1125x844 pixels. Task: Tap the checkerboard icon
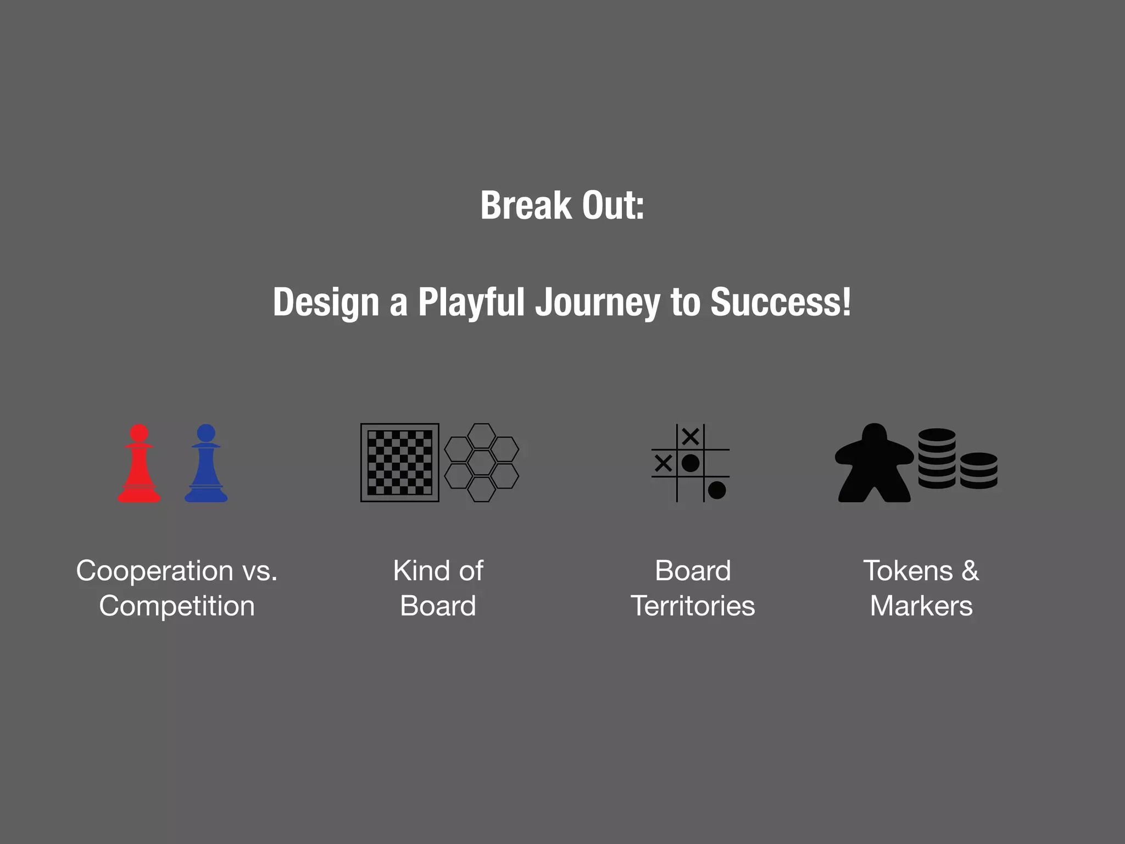pos(399,463)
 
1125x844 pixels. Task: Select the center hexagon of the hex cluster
pos(482,463)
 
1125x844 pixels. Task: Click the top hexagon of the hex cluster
pos(482,436)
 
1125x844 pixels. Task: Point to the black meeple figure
pos(874,464)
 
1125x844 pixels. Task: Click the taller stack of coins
pos(937,459)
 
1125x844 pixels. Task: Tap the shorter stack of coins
pos(978,471)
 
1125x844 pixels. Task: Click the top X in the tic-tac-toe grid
pos(690,437)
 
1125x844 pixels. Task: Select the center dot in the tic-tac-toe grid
pos(690,463)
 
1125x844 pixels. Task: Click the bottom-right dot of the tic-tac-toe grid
pos(717,490)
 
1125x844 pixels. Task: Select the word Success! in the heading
pos(781,302)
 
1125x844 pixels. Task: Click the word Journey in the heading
pos(598,302)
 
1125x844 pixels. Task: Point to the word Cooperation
pos(154,570)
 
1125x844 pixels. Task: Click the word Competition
pos(177,606)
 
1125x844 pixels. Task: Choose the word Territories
pos(693,606)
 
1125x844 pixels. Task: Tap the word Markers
pos(921,606)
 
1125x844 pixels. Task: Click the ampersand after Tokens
pos(970,570)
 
